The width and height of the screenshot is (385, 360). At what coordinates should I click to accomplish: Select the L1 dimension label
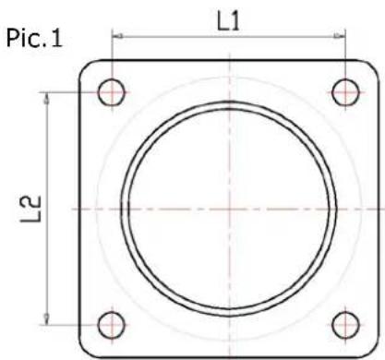pos(228,20)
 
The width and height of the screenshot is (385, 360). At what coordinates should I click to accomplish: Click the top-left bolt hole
pos(113,92)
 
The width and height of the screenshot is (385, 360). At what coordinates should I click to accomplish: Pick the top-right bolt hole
pos(345,92)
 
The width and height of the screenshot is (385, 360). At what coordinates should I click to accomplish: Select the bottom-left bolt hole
pos(113,324)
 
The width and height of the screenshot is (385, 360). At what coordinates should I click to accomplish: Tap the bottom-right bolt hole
pos(345,324)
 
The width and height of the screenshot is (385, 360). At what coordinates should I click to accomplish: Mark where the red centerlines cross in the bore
pos(229,209)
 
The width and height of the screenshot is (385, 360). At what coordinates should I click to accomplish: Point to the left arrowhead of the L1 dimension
pos(115,37)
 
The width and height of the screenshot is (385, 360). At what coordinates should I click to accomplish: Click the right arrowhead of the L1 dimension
pos(343,37)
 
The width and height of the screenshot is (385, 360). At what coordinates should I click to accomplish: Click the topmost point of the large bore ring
pos(229,100)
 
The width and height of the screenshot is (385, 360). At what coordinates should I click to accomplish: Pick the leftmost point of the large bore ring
pos(120,209)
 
